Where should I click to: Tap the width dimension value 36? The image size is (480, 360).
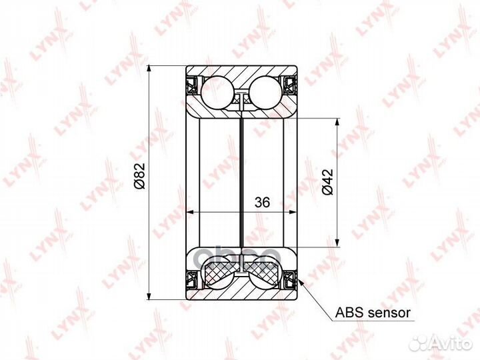coord(261,204)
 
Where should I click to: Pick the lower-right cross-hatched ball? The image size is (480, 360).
coord(264,274)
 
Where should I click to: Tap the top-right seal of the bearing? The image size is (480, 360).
coord(290,85)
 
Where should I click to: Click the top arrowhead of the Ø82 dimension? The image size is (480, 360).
coord(151,69)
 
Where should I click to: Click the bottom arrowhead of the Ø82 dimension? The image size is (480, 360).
coord(151,297)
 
